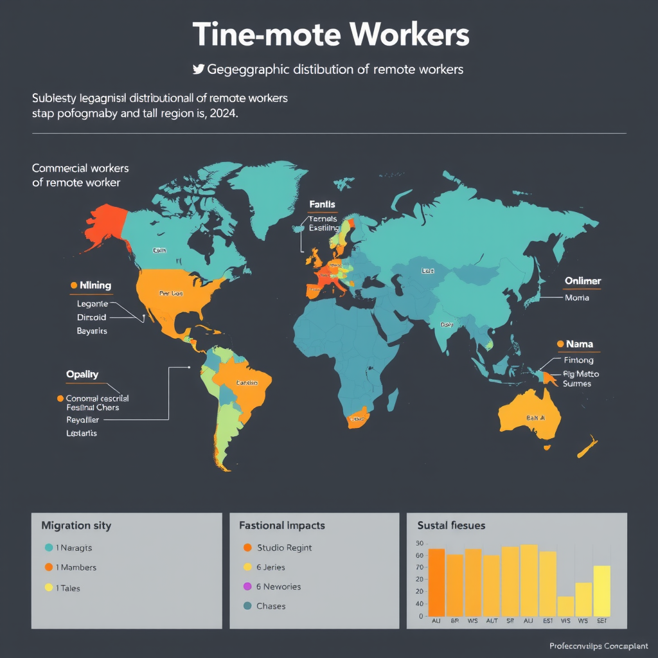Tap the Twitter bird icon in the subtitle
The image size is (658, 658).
coord(198,69)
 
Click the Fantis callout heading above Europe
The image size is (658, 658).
coord(322,204)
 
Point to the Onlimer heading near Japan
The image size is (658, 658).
coord(583,281)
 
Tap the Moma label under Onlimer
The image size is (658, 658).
coord(576,298)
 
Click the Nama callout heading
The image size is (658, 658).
coord(579,344)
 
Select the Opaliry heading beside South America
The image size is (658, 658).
coord(82,374)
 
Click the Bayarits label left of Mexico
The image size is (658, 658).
coord(92,331)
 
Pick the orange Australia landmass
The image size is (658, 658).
coord(530,417)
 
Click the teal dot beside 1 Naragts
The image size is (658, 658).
coord(49,548)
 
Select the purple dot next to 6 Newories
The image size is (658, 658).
coord(247,587)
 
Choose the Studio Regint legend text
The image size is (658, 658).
coord(284,547)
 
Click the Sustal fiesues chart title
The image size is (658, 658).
coord(451,526)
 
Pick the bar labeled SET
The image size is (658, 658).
coord(602,591)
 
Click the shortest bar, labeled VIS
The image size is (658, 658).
coord(565,606)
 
